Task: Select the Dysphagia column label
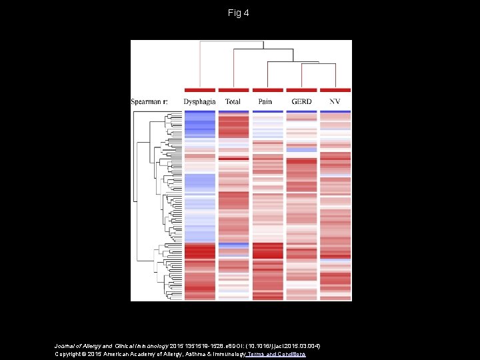click(x=199, y=101)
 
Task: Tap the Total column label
click(x=233, y=101)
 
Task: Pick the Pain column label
click(x=266, y=101)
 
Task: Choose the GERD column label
click(x=301, y=101)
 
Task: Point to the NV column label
click(x=335, y=101)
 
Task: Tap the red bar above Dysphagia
click(x=199, y=90)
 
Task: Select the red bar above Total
click(x=233, y=90)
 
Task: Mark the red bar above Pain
click(x=267, y=90)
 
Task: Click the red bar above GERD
click(x=301, y=90)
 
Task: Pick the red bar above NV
click(x=335, y=90)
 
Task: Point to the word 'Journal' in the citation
click(x=65, y=346)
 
